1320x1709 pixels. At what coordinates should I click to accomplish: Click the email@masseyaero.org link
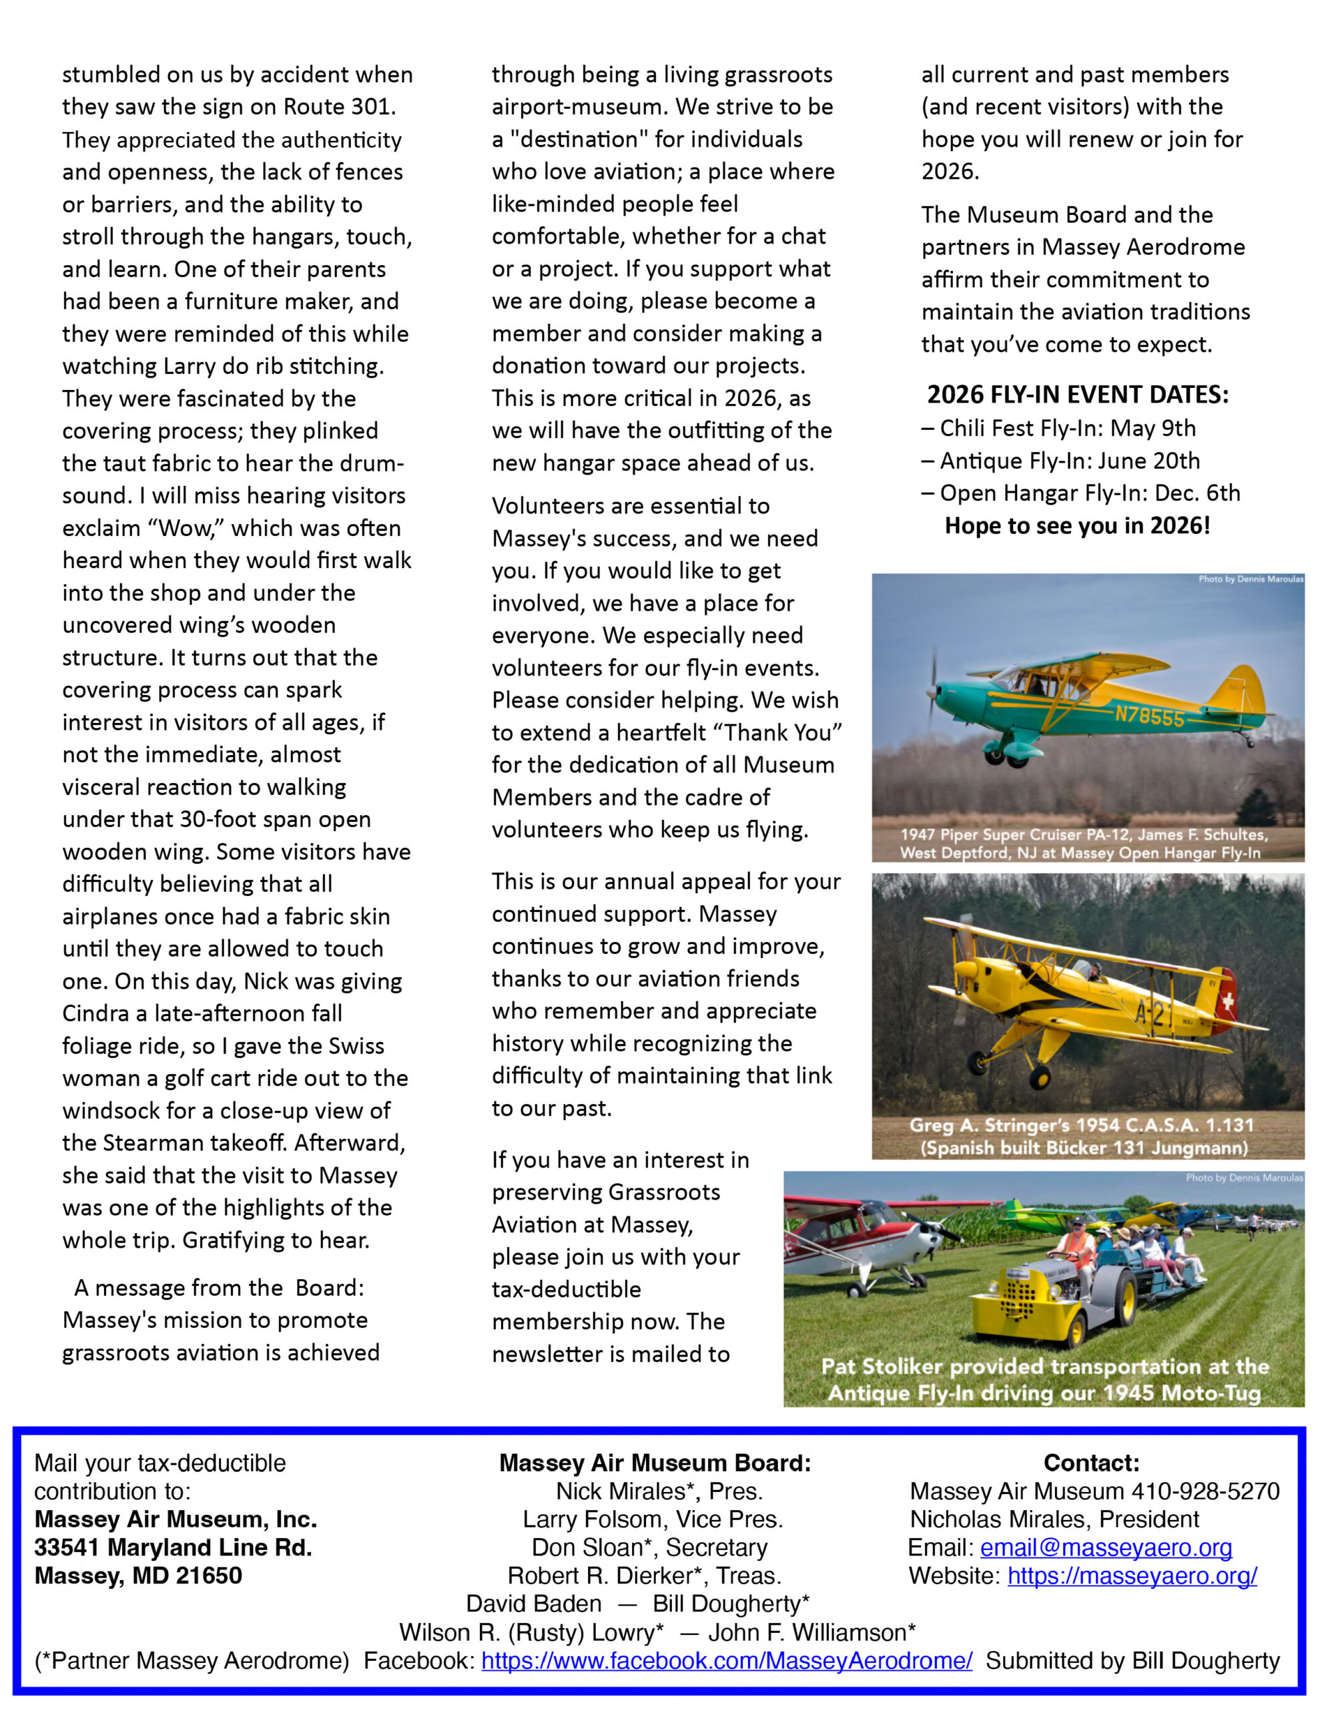(1106, 1548)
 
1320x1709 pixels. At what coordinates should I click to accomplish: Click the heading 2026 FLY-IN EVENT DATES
(1078, 395)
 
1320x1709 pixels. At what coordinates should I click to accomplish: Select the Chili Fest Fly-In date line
(1058, 429)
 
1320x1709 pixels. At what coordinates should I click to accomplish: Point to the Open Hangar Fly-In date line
(1080, 493)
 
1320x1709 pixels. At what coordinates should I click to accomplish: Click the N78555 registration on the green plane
(1148, 715)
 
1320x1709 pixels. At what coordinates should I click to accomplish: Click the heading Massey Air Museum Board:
(655, 1463)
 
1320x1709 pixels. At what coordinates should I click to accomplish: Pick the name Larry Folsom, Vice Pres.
(653, 1519)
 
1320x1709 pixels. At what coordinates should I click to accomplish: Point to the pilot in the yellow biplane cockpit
(1094, 972)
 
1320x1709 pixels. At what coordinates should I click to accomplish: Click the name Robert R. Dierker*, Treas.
(644, 1576)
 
